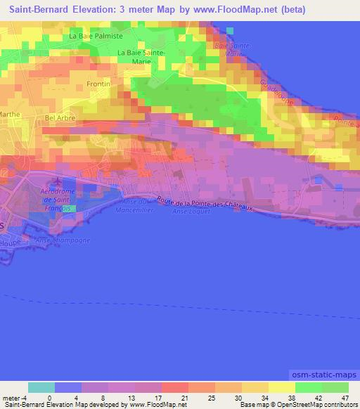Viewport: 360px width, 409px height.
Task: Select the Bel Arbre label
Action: (x=59, y=118)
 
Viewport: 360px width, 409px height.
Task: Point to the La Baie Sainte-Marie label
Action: (x=141, y=56)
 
